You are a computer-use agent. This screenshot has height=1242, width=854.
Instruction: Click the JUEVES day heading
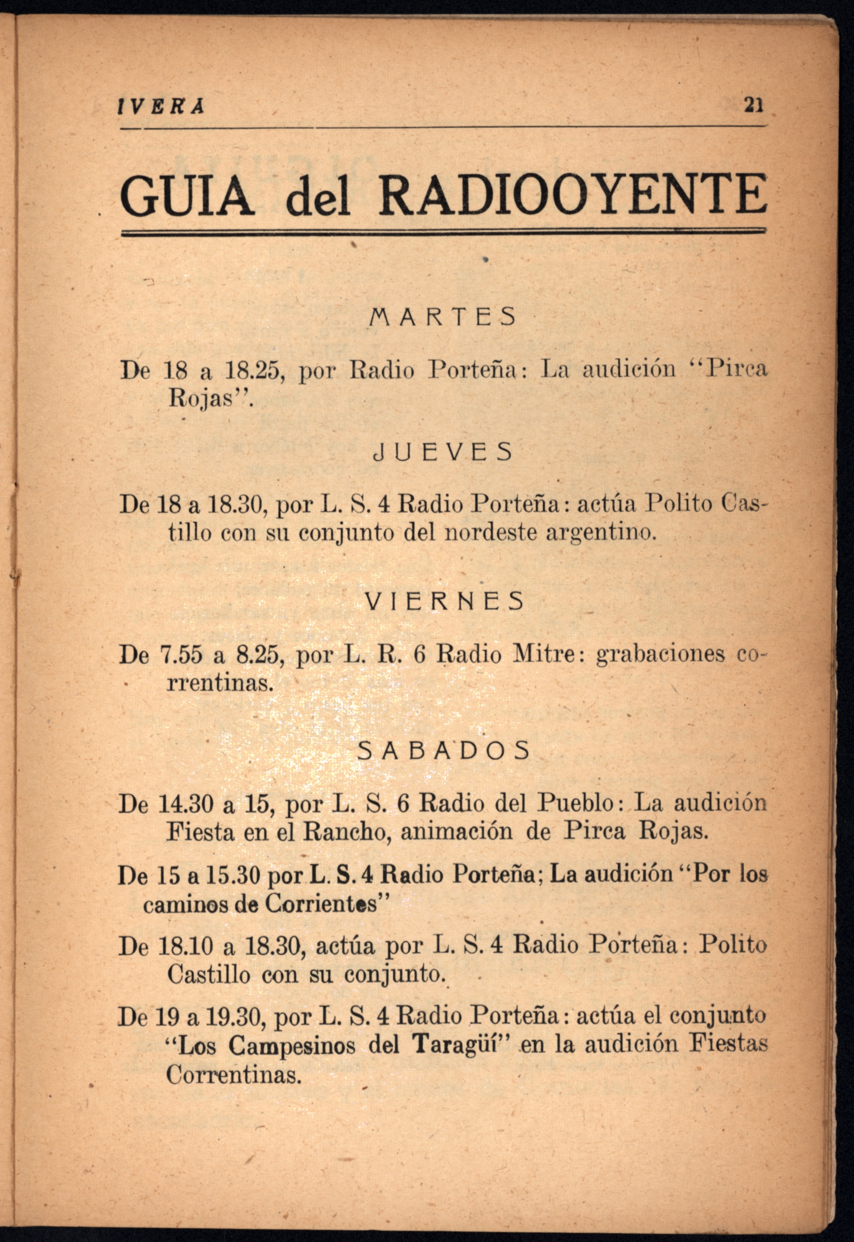443,453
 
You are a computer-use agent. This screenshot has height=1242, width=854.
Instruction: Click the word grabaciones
661,654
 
